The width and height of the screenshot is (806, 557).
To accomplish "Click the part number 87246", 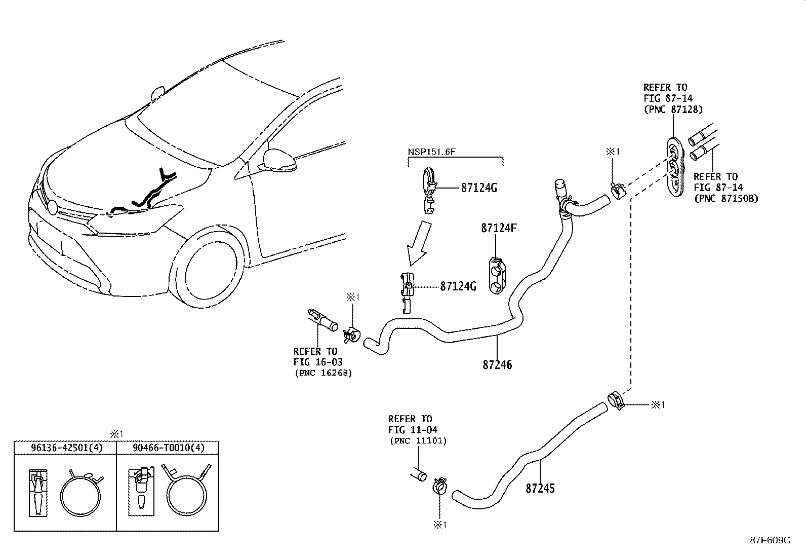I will (x=497, y=364).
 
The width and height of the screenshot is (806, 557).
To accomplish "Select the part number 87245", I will (x=540, y=488).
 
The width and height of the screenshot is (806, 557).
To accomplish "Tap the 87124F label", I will (x=498, y=229).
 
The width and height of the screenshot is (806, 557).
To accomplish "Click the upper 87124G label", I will (x=479, y=188).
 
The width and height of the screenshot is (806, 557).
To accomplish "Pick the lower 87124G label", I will (x=458, y=286).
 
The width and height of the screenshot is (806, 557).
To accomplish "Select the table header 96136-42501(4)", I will (x=65, y=448).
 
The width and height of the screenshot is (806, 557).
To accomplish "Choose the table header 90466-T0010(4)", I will (x=168, y=448).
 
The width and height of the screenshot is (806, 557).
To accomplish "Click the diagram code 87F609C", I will (x=770, y=540).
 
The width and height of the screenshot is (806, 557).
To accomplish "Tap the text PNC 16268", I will (x=323, y=373).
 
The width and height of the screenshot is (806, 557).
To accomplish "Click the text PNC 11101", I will (x=418, y=440).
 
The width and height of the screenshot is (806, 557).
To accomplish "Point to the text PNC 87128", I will (x=673, y=109).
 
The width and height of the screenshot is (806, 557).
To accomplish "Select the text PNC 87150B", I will (x=726, y=198).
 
